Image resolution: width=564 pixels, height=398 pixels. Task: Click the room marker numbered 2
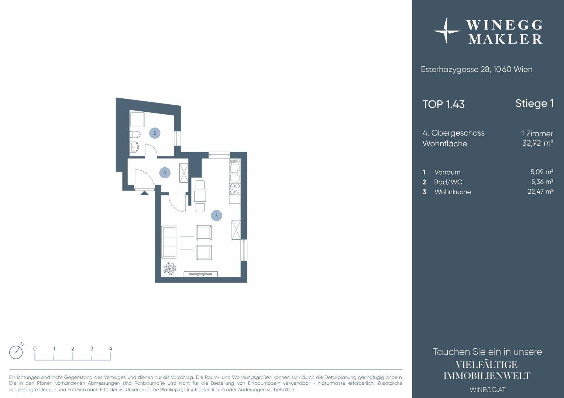[x=155, y=133]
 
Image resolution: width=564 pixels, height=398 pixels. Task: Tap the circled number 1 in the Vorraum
[x=165, y=173]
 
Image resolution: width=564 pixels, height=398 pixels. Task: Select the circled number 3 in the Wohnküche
[x=216, y=216]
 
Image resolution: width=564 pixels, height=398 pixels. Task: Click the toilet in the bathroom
[x=135, y=135]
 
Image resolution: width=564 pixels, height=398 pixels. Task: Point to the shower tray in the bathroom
[x=137, y=119]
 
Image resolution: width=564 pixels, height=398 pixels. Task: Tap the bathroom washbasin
[x=134, y=147]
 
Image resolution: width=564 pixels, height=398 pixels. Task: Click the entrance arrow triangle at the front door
[x=144, y=193]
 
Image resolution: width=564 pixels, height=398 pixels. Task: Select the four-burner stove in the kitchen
[x=235, y=189]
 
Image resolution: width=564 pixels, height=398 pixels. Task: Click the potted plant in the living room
[x=169, y=268]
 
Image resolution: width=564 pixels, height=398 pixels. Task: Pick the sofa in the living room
[x=169, y=242]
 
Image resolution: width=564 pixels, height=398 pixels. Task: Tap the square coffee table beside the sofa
[x=186, y=242]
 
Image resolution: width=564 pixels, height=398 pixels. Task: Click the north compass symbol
[x=16, y=351]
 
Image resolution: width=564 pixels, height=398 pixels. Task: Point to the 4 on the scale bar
[x=111, y=349]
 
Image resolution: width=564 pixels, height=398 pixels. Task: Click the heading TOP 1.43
[x=443, y=104]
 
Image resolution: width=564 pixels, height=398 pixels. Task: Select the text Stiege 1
[x=534, y=104]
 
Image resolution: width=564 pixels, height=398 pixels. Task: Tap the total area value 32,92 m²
[x=537, y=143]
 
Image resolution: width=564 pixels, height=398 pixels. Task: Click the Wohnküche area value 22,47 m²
[x=540, y=192]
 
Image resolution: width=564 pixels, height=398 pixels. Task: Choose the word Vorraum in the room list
[x=447, y=172]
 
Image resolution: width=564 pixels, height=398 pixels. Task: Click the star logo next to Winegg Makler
[x=446, y=31]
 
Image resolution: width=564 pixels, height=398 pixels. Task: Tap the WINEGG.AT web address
[x=488, y=390]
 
